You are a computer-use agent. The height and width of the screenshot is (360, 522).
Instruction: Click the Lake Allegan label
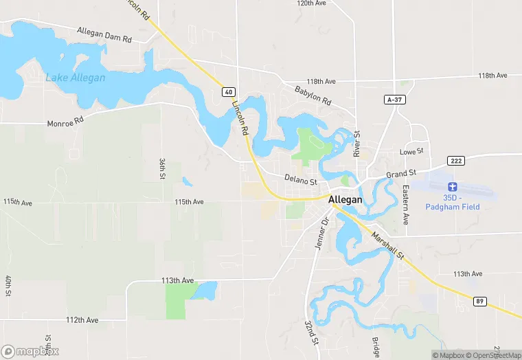76,78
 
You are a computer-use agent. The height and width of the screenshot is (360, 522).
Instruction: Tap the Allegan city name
345,199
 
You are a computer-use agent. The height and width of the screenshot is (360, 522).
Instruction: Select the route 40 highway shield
229,91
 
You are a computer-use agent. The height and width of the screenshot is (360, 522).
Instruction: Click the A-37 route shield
393,100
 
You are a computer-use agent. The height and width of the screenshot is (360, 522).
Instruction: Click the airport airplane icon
452,186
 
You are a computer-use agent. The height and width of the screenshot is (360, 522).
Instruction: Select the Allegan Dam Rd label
104,35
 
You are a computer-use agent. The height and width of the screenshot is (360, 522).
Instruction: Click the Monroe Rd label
65,123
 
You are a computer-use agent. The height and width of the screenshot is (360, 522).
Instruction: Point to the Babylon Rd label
313,95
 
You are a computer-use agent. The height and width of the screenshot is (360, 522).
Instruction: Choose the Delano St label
301,179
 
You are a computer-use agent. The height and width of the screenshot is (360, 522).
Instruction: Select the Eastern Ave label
406,205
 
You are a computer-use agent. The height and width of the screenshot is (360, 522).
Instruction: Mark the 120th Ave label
310,3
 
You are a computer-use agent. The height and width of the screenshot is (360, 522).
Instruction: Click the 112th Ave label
83,320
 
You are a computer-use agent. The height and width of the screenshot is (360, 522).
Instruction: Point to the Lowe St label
412,151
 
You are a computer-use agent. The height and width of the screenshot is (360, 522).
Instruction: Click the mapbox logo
30,350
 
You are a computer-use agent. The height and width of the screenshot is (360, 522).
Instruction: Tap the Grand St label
401,175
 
